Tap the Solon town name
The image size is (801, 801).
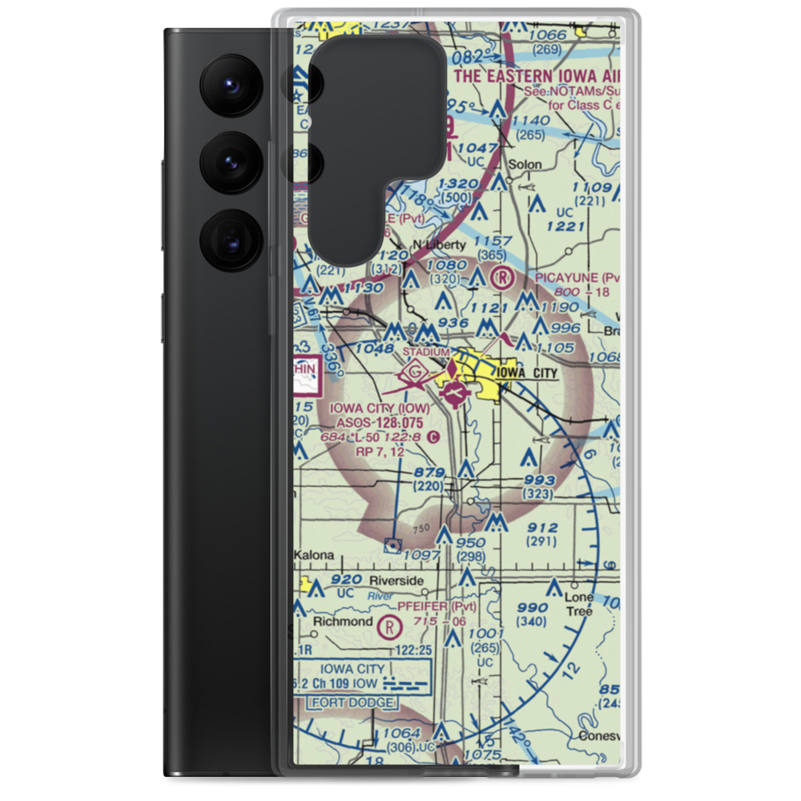[x=525, y=164]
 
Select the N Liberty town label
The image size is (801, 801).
[x=438, y=244]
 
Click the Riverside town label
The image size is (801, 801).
[x=396, y=581]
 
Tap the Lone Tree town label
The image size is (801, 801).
[x=579, y=605]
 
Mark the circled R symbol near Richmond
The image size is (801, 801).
[x=389, y=626]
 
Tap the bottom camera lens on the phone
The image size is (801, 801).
[x=228, y=239]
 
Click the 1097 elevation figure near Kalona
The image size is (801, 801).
[x=423, y=555]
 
